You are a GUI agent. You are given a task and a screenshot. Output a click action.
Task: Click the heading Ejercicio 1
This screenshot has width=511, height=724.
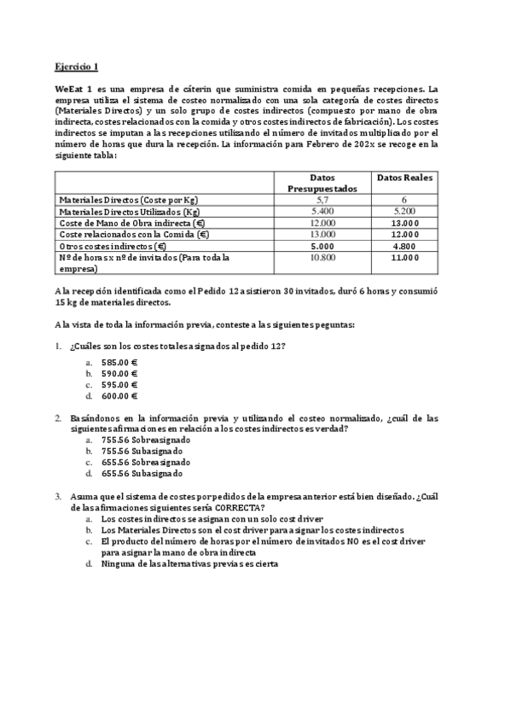[77, 67]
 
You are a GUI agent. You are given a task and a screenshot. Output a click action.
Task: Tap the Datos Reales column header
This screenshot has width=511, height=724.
[404, 178]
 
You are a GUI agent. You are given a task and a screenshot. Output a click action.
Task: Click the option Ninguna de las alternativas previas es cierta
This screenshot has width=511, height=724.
[189, 563]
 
